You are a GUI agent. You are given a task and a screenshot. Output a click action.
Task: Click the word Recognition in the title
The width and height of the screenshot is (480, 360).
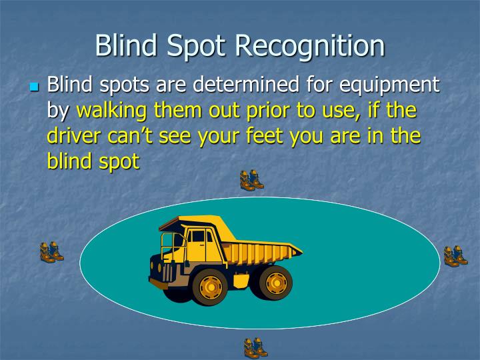[x=311, y=46]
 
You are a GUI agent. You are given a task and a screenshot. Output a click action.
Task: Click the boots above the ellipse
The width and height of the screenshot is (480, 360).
[x=252, y=181]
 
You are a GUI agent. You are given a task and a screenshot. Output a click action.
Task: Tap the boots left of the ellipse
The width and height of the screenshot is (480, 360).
[x=51, y=252]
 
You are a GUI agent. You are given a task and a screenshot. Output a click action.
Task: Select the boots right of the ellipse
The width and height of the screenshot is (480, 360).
[x=456, y=256]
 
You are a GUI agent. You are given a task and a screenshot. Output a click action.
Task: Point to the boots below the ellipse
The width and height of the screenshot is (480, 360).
[x=255, y=347]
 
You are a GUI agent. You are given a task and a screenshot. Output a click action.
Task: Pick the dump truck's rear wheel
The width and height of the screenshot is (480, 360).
[x=275, y=283]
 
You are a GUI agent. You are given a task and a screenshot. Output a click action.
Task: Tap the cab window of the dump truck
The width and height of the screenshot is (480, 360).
[x=198, y=236]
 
